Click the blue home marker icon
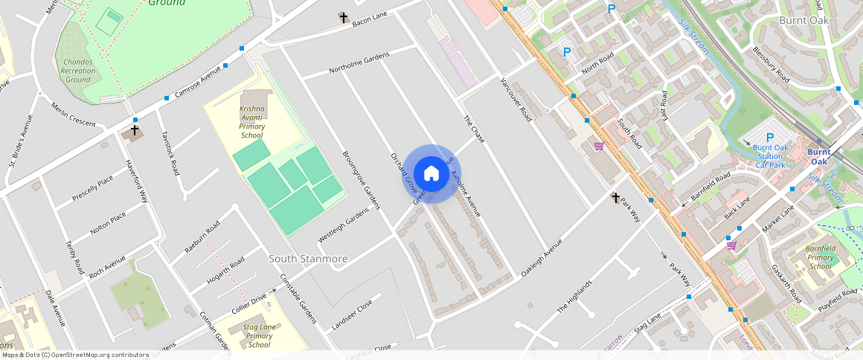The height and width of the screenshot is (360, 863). click(x=431, y=174)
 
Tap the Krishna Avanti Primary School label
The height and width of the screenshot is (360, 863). click(x=251, y=122)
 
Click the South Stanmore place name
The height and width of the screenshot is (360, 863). click(x=308, y=259)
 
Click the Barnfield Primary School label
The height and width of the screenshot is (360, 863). click(x=821, y=257)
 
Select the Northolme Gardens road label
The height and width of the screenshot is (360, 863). click(x=359, y=63)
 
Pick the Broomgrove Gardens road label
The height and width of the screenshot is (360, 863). click(x=361, y=180)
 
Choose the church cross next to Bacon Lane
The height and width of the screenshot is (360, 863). click(x=343, y=17)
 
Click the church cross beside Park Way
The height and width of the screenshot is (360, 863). click(x=615, y=198)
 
